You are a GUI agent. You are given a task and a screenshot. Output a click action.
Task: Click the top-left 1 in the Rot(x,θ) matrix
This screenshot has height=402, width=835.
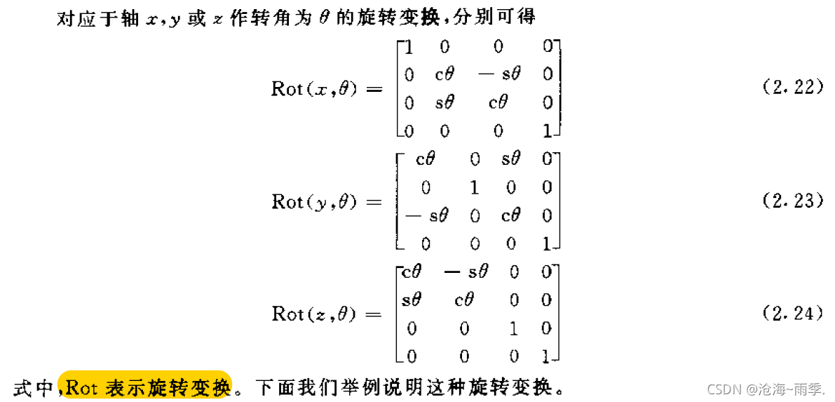(x=409, y=47)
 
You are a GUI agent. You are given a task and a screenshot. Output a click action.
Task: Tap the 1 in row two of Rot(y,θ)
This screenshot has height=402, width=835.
(x=475, y=188)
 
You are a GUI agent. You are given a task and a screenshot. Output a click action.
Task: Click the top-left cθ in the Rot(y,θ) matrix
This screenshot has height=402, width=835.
(x=426, y=160)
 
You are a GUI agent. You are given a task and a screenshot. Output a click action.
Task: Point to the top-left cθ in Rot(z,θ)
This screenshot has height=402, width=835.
(x=411, y=272)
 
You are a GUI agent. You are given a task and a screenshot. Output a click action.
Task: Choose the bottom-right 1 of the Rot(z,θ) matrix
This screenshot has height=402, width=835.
(x=546, y=356)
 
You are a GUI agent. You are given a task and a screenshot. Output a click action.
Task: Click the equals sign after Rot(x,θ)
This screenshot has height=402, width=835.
(x=372, y=90)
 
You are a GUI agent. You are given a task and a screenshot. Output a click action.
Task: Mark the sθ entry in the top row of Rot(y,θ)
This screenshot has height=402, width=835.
(x=510, y=160)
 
